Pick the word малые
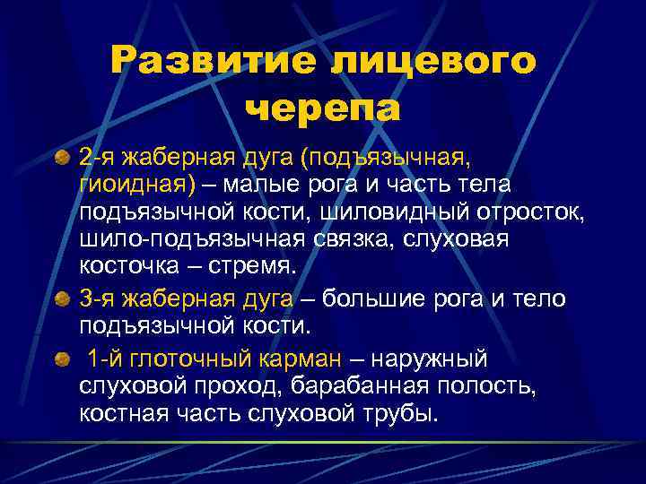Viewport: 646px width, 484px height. point(266,186)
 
